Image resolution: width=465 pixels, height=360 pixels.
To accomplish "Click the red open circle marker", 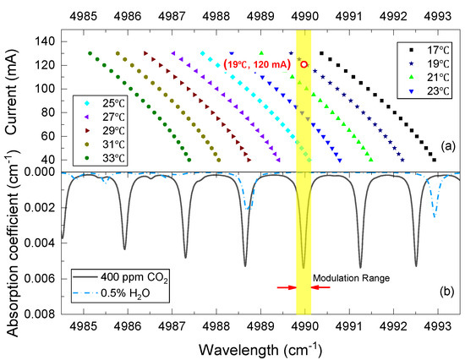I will click(x=304, y=63).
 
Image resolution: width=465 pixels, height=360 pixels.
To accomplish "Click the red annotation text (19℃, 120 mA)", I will click(x=260, y=64).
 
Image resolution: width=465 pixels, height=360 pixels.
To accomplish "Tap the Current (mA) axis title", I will click(x=11, y=95).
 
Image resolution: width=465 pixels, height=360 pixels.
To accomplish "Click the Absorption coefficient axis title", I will click(x=11, y=245).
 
